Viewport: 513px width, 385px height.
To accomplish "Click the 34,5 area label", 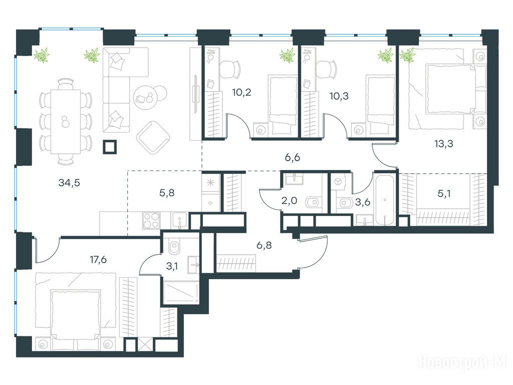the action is click(x=69, y=182).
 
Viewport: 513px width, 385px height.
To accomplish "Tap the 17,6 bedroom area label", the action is click(x=98, y=260).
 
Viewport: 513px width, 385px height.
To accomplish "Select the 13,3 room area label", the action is click(x=444, y=143).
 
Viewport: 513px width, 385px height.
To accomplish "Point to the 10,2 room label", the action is click(x=242, y=92).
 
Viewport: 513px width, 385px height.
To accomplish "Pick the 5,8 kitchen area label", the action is click(x=167, y=193).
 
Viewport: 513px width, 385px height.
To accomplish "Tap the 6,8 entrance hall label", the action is click(x=264, y=245).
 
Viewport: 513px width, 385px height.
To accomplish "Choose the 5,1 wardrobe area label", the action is click(x=444, y=194).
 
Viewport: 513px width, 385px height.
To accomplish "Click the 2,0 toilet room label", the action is click(x=289, y=201).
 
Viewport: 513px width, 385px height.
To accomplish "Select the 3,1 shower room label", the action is click(x=172, y=266).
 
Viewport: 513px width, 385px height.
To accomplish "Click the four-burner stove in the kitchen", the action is click(x=151, y=220).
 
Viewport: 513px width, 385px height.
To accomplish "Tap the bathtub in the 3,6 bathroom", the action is click(x=385, y=200).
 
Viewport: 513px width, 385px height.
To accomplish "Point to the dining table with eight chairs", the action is click(x=66, y=121).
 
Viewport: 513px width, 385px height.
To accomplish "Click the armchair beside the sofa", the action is click(x=153, y=137).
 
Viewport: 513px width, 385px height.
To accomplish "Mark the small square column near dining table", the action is click(x=110, y=147).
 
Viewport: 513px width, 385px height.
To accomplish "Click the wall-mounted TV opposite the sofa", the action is click(x=195, y=94).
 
